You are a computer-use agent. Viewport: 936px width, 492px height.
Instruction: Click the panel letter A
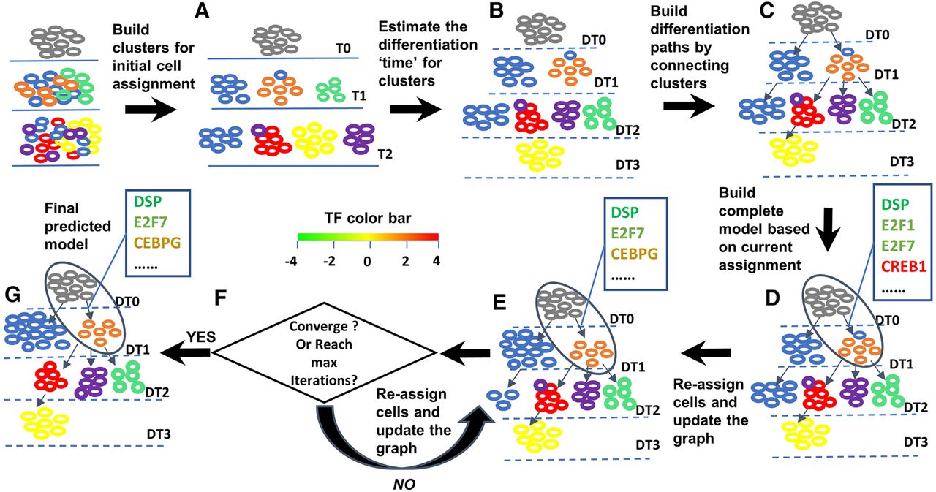(x=202, y=10)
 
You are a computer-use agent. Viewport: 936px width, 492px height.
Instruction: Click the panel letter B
(x=496, y=10)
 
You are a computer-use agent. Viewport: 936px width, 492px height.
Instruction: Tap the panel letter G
(x=13, y=295)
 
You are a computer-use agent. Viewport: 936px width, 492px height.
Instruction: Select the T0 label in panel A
(x=343, y=48)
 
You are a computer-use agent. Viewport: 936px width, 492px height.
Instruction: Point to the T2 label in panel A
(x=385, y=154)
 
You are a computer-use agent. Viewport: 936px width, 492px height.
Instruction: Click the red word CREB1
(x=903, y=266)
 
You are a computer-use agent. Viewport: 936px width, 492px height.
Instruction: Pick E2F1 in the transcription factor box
(x=898, y=225)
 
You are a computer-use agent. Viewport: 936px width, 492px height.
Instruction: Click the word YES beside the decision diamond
(x=201, y=336)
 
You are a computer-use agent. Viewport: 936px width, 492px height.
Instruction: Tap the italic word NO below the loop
(x=404, y=484)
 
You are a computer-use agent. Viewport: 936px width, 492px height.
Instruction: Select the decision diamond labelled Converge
(x=324, y=353)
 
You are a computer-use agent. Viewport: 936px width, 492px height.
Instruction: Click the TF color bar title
(x=368, y=218)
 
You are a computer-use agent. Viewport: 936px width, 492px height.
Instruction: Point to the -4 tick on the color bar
(x=291, y=262)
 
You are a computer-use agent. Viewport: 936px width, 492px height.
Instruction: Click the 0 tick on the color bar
(x=367, y=262)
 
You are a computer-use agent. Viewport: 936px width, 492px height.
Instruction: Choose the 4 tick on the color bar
(x=437, y=262)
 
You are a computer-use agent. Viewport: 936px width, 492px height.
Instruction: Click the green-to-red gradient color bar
(x=368, y=237)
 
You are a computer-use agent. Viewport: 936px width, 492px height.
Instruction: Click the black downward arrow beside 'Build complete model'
(x=827, y=230)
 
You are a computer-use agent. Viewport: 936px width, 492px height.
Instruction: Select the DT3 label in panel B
(x=627, y=164)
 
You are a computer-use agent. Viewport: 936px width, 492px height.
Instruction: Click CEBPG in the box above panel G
(x=157, y=243)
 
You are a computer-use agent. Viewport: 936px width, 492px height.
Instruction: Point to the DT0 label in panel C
(x=877, y=34)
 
